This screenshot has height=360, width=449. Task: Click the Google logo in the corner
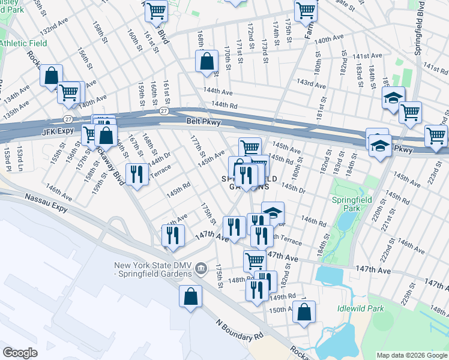[20, 353]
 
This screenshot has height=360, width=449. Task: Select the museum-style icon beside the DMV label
[201, 266]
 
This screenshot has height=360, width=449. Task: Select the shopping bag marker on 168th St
[206, 61]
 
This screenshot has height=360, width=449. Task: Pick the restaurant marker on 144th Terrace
[137, 175]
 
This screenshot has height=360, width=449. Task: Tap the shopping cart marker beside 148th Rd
[255, 261]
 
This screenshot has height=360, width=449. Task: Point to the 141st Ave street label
[367, 56]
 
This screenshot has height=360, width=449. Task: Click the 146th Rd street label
[314, 222]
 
